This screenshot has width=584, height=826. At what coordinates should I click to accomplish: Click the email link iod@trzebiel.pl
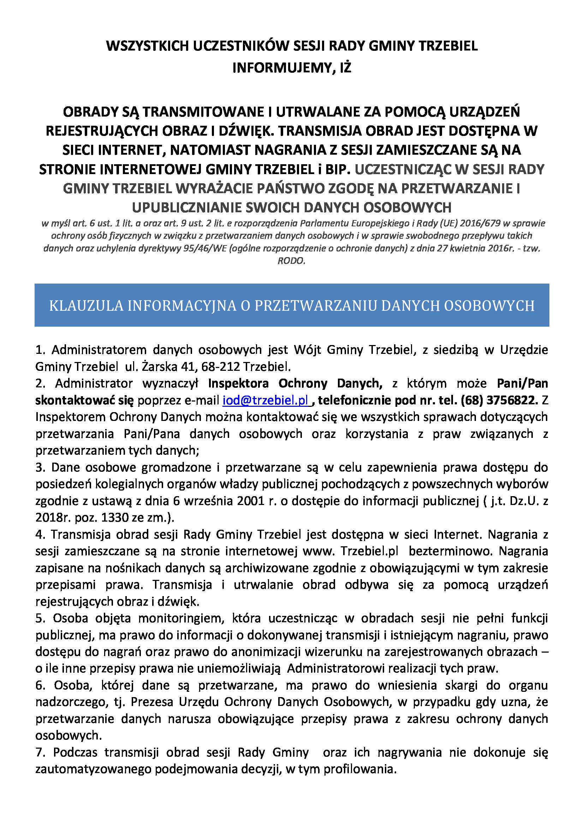[266, 400]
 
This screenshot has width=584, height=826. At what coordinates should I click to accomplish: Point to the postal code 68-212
[220, 367]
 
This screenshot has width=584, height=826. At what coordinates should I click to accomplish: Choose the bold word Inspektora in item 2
[238, 384]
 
